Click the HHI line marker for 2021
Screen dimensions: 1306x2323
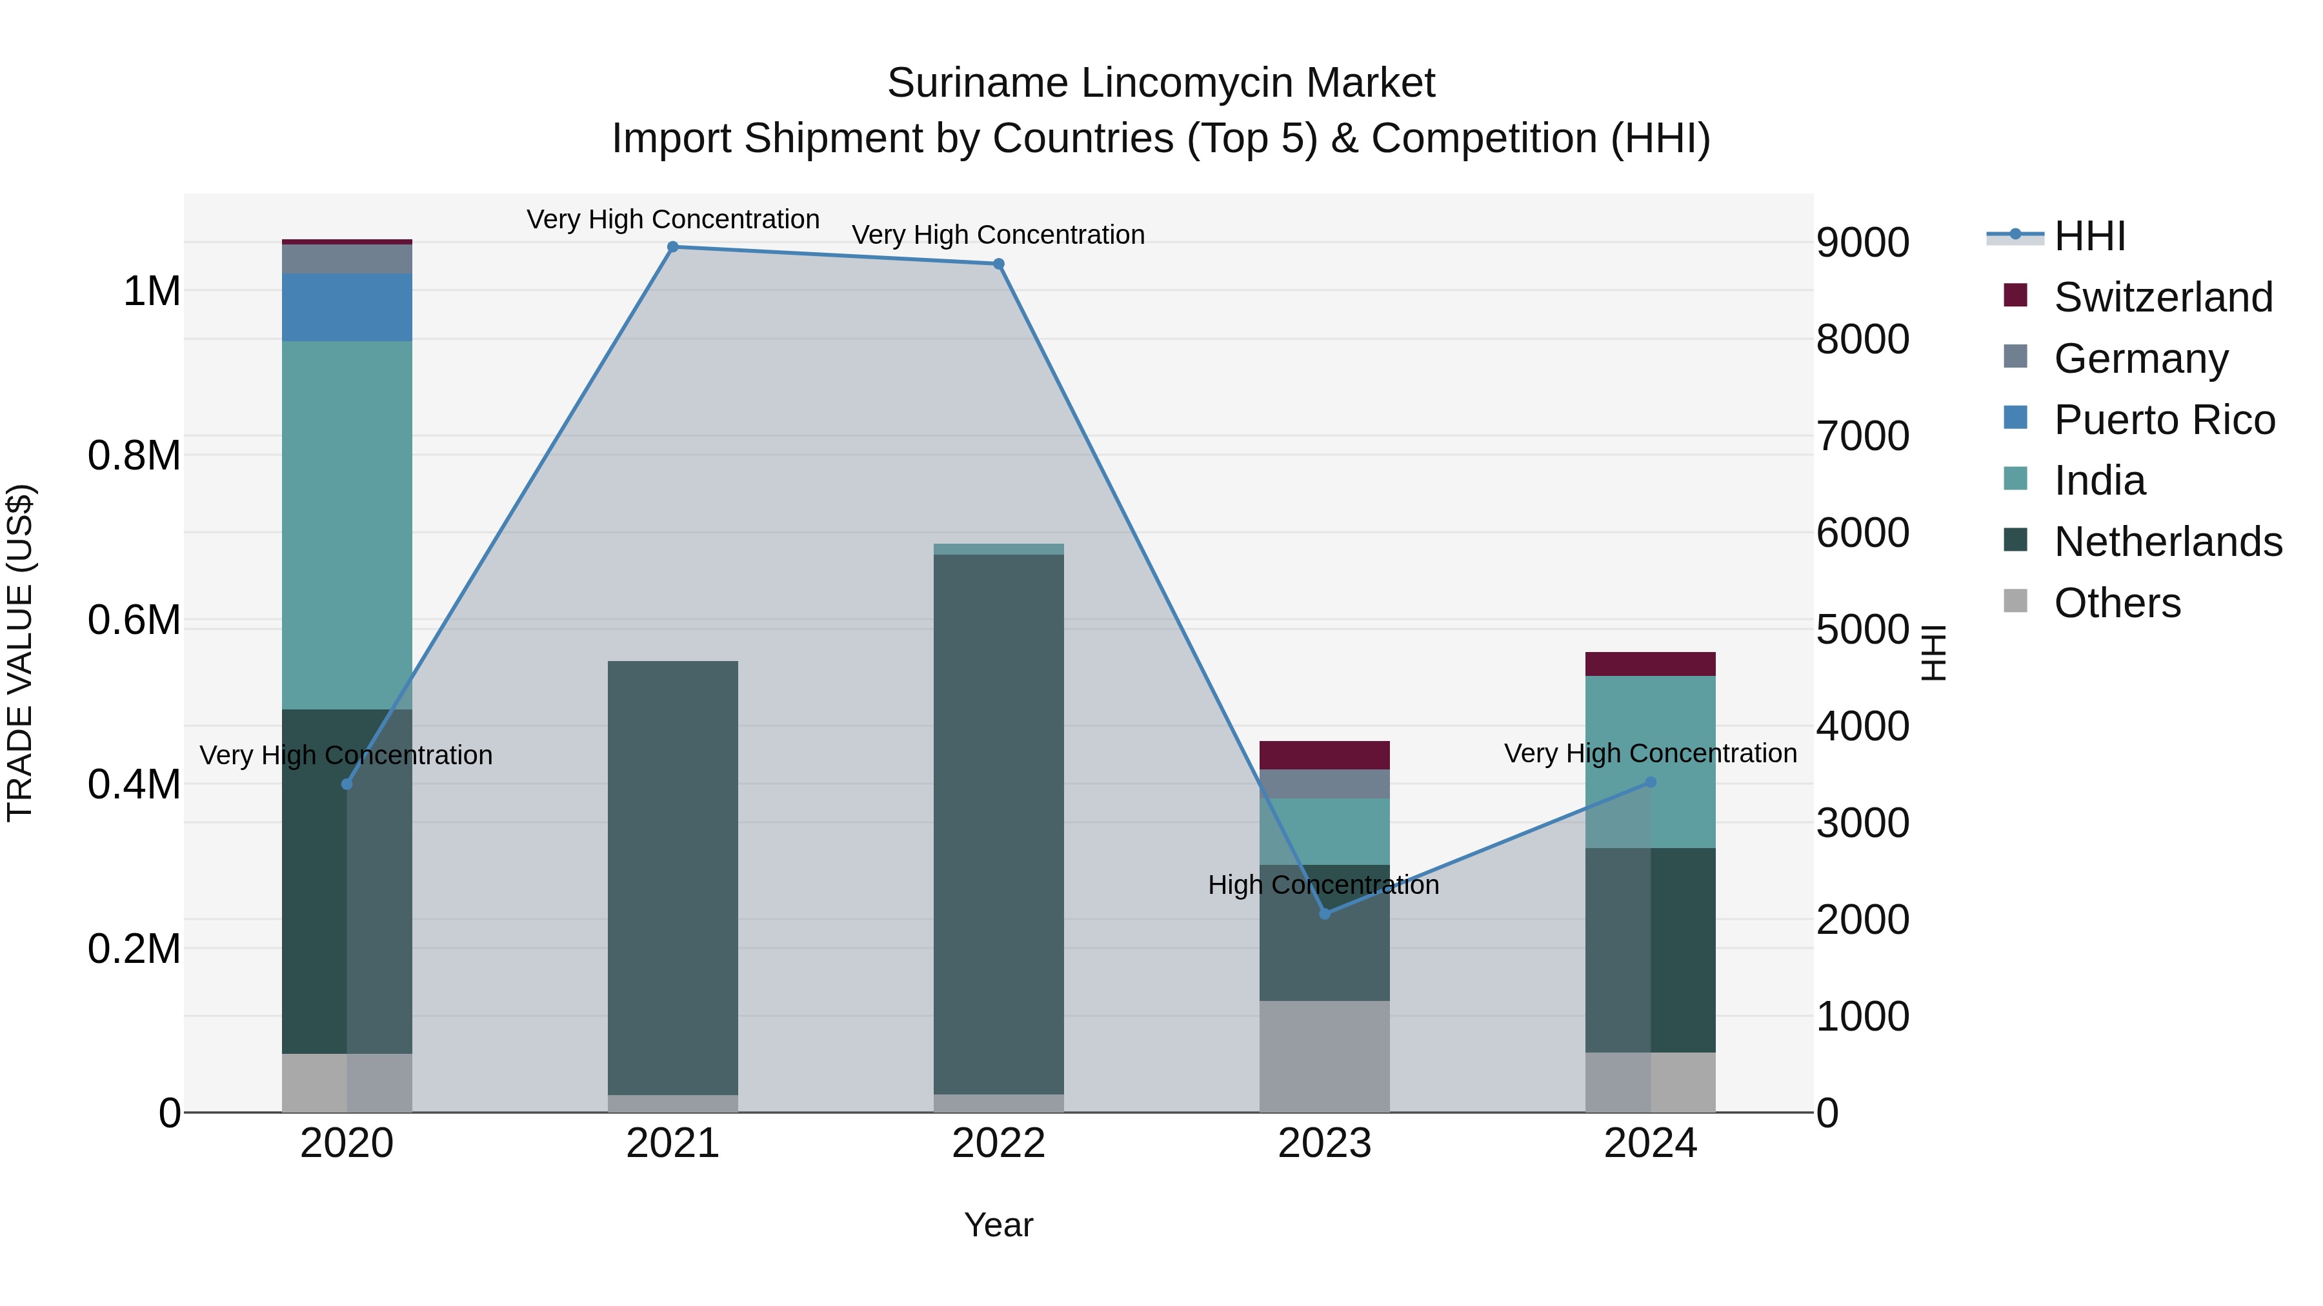coord(673,247)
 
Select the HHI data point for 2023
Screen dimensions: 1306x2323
coord(1325,914)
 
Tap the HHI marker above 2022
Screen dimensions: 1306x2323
coord(998,264)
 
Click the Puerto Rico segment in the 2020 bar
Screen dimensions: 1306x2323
coord(347,308)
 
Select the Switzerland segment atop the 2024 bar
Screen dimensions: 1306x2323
coord(1650,664)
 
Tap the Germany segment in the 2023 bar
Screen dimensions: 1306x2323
coord(1325,784)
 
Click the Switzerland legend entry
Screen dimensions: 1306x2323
coord(2162,297)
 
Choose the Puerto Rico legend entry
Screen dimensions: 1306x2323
coord(2164,420)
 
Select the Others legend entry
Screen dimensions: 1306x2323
coord(2117,603)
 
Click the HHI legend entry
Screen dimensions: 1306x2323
coord(2089,236)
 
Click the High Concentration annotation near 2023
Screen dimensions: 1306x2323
coord(1323,885)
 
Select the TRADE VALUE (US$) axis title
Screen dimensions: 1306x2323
coord(20,653)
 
